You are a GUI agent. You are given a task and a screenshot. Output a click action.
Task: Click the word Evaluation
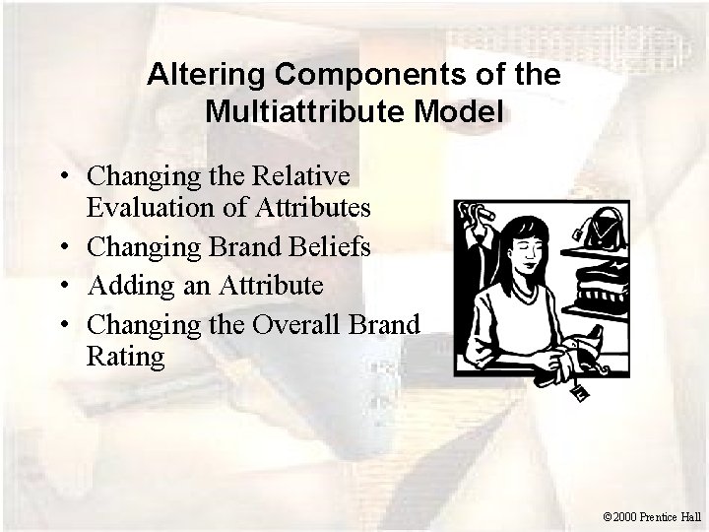tap(150, 207)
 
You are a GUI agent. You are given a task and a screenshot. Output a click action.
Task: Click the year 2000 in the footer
tap(624, 513)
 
